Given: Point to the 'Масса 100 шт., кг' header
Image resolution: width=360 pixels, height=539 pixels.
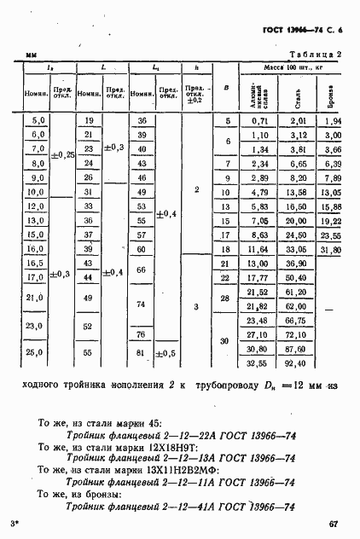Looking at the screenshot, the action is point(286,67).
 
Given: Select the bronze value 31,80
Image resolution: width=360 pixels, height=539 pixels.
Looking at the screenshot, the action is point(331,250).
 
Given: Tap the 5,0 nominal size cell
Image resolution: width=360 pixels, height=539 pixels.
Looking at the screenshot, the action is point(37,121).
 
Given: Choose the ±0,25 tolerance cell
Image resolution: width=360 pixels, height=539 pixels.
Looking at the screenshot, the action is point(62,155).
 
